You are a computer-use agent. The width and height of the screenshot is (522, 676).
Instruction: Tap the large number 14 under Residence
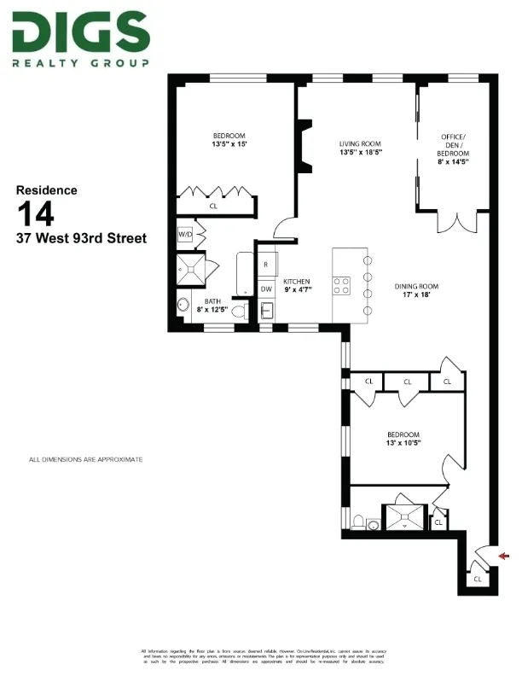tap(36, 213)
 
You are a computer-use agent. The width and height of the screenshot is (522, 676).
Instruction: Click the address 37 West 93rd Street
tap(81, 238)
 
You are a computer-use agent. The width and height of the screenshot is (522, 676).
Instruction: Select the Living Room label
tap(359, 148)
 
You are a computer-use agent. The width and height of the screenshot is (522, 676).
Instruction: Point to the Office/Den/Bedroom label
tap(454, 149)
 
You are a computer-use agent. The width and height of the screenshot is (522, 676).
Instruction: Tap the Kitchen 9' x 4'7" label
tap(298, 286)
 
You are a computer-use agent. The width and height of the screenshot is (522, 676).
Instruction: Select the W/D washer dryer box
tap(185, 234)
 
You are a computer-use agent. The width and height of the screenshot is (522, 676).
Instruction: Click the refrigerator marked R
tap(266, 265)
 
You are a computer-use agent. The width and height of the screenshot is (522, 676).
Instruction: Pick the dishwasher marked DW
tap(266, 289)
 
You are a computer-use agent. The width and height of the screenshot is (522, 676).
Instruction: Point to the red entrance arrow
tap(503, 557)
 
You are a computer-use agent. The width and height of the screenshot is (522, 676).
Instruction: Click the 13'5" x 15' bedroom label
tap(229, 141)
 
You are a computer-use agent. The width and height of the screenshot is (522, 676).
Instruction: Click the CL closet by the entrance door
tap(478, 579)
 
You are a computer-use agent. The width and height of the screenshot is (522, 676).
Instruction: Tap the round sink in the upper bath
tap(183, 304)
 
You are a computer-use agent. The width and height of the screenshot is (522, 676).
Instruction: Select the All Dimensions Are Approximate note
tap(86, 460)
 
